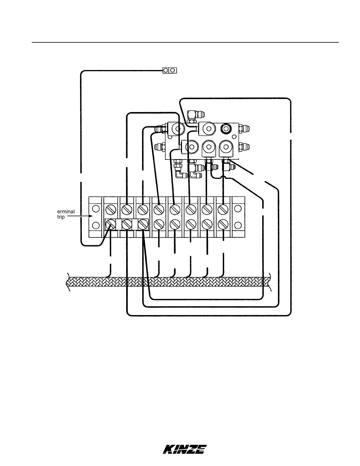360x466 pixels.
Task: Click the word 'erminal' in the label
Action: (x=66, y=212)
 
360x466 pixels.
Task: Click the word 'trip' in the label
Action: (x=61, y=217)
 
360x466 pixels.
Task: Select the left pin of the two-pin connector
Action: (x=166, y=70)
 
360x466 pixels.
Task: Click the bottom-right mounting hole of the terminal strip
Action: (x=238, y=225)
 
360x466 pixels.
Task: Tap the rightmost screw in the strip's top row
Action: (x=223, y=209)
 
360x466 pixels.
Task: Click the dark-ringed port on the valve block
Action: (x=226, y=129)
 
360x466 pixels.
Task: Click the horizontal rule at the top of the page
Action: (x=185, y=42)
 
